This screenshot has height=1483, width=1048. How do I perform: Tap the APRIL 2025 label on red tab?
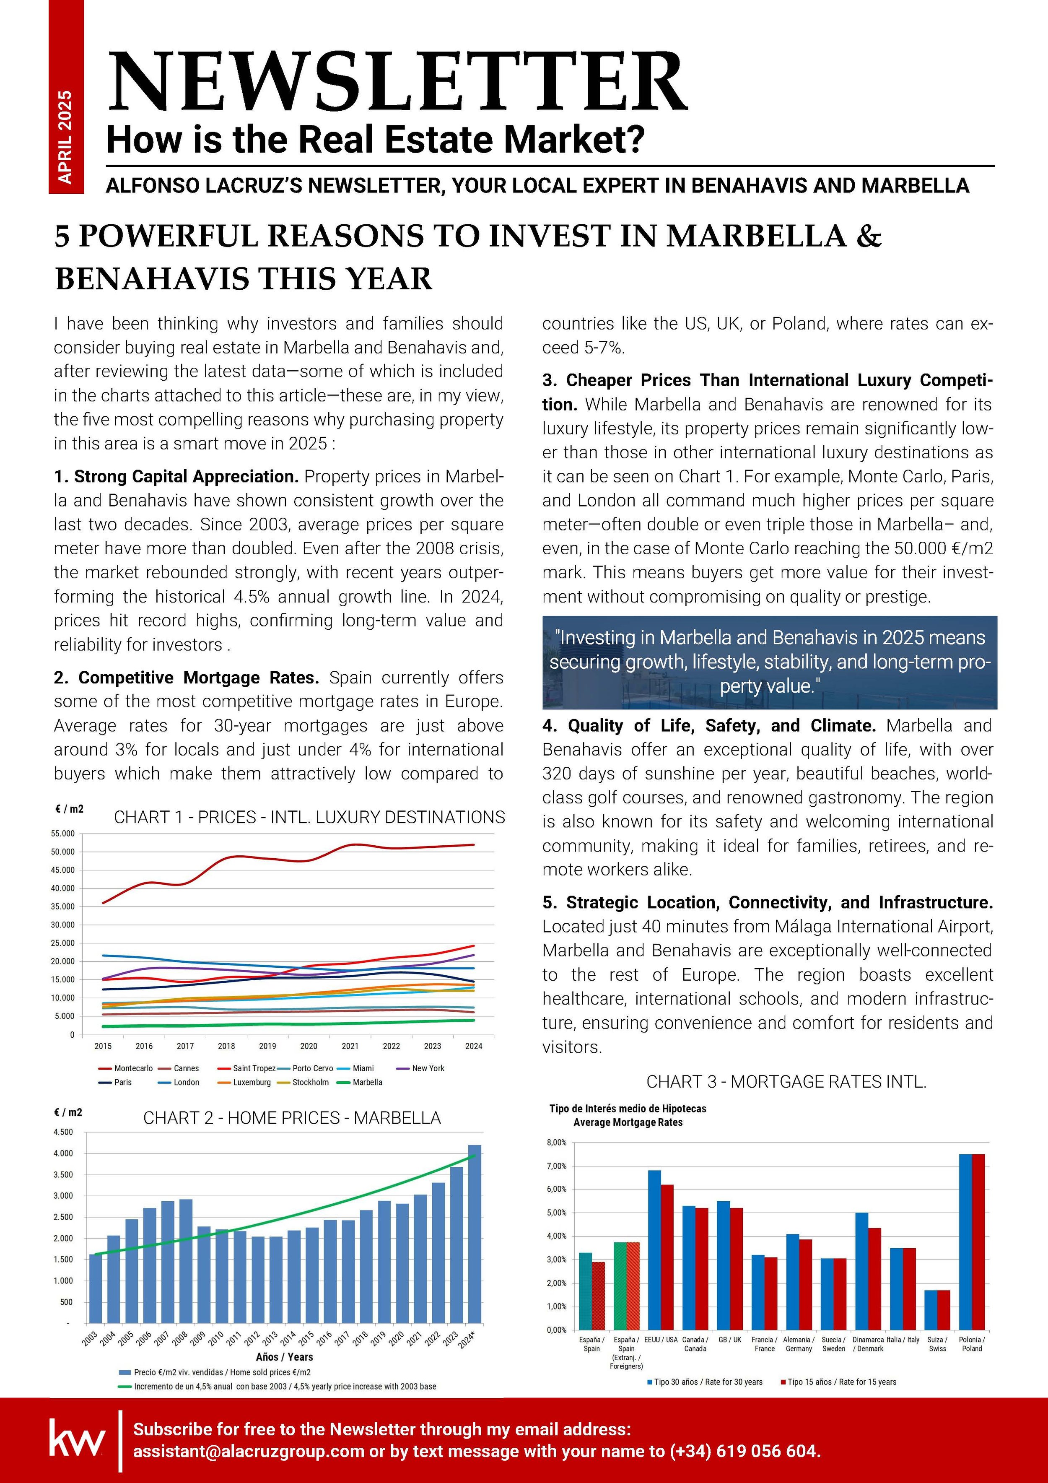(65, 136)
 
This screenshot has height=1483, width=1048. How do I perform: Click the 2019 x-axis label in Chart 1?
(267, 1046)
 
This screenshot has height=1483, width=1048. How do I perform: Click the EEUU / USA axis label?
(661, 1340)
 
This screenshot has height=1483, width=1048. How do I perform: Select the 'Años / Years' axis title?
(284, 1357)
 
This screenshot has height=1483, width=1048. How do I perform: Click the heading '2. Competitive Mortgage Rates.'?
(187, 678)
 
